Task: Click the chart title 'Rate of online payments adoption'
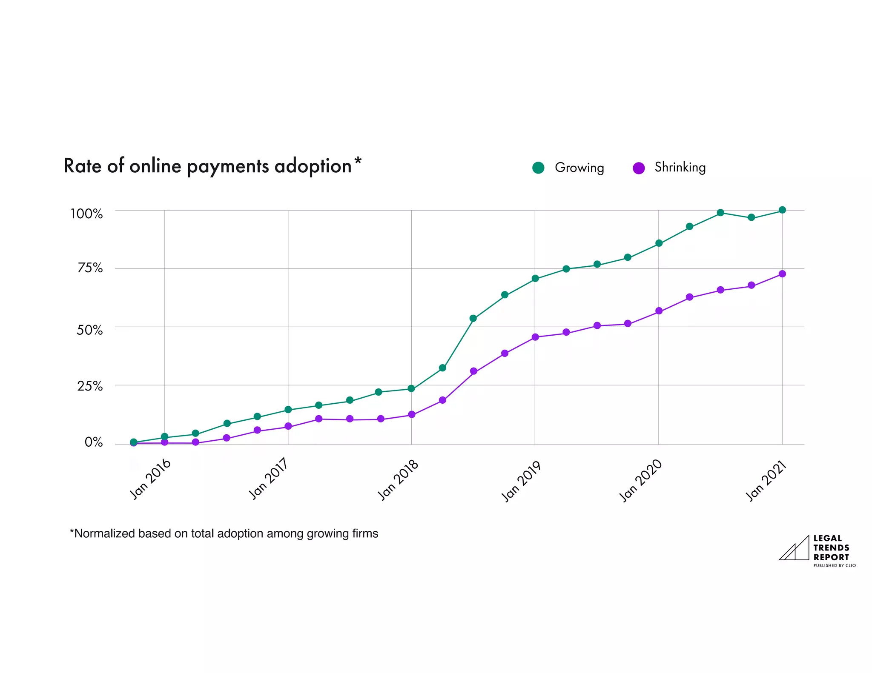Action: tap(207, 166)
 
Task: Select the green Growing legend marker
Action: tap(538, 168)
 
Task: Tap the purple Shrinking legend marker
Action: tap(639, 168)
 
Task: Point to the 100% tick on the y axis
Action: tap(86, 214)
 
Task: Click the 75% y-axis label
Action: tap(90, 268)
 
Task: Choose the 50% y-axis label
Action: tap(89, 330)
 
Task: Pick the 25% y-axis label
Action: tap(90, 386)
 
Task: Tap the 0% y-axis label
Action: tap(94, 442)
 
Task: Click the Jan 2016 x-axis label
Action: tap(150, 479)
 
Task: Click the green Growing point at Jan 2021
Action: tap(782, 210)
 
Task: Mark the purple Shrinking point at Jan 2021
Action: tap(782, 274)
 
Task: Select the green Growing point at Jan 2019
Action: tap(535, 279)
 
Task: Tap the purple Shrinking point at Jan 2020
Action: tap(659, 311)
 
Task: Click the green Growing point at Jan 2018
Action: tap(411, 388)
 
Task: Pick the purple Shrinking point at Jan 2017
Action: tap(288, 426)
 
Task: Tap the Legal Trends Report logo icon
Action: tap(795, 548)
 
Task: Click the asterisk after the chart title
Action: tap(358, 161)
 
